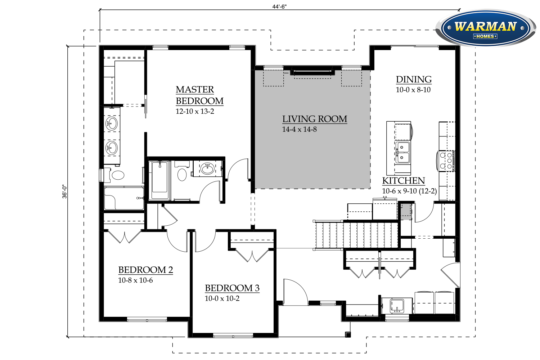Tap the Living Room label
(315, 119)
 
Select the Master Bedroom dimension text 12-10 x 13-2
(195, 111)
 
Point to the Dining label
(414, 80)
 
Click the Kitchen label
(404, 181)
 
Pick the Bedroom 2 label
(145, 270)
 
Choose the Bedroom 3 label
(232, 288)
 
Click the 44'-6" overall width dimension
(279, 7)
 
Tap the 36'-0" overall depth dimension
(64, 192)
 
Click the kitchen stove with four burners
(446, 161)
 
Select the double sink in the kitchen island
(402, 153)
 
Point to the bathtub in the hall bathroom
(159, 180)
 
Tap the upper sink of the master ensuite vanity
(112, 124)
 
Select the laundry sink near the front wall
(397, 306)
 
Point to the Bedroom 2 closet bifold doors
(125, 237)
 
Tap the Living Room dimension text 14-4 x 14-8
(300, 130)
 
